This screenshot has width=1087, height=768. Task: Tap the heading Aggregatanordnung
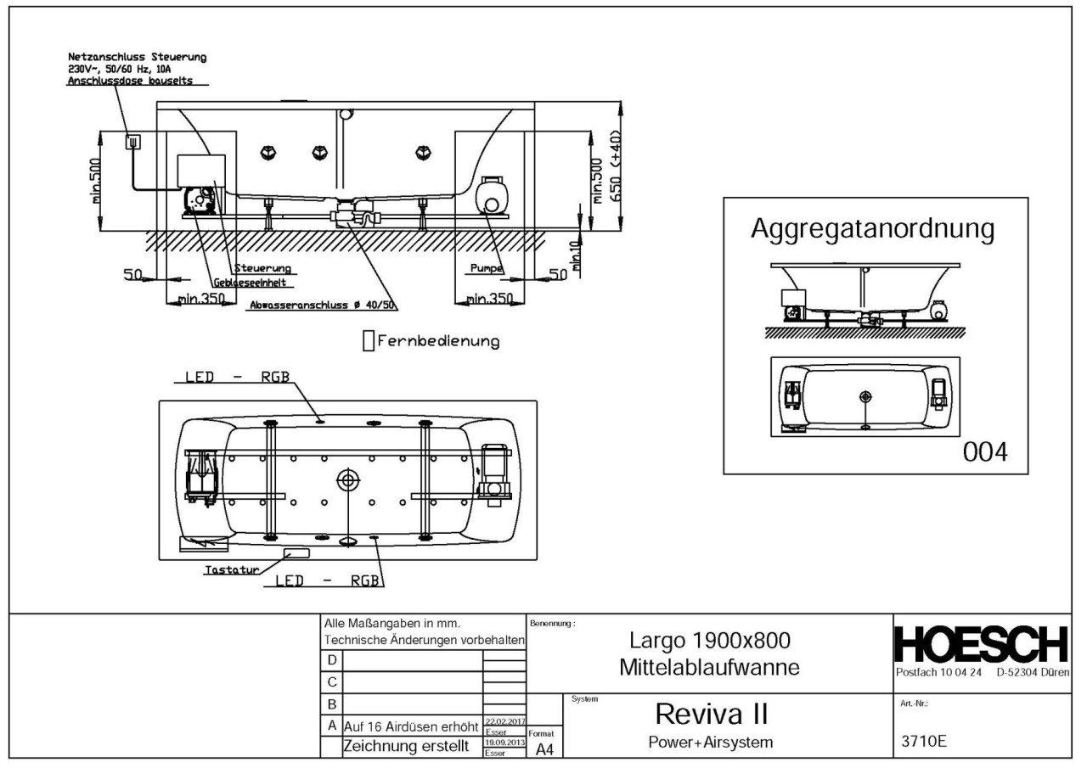(x=873, y=229)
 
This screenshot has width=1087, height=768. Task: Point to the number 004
(x=984, y=452)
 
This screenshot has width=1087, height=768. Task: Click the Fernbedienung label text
(x=437, y=341)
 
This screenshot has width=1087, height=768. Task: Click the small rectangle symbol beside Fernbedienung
(x=368, y=341)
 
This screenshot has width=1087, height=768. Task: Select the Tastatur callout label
(x=231, y=569)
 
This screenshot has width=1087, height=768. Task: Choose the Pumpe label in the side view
(x=486, y=269)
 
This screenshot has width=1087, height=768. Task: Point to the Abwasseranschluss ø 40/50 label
(x=324, y=305)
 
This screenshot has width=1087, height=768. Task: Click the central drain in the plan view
(x=348, y=479)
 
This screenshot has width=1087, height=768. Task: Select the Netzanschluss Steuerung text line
(x=137, y=57)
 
